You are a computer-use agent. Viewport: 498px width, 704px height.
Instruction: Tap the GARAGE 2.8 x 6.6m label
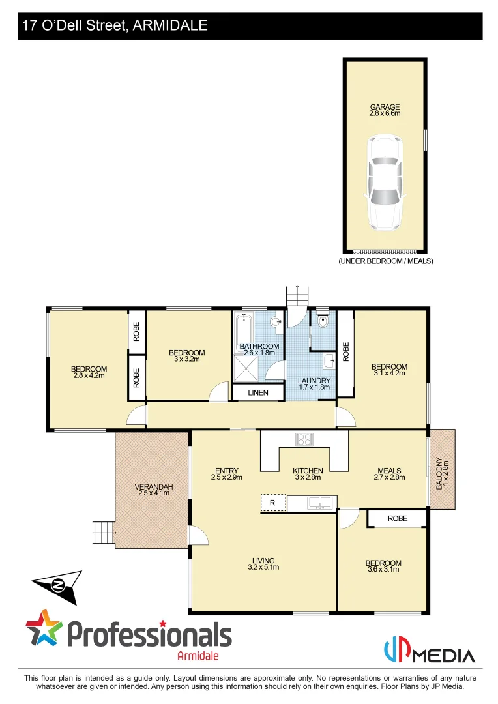[385, 110]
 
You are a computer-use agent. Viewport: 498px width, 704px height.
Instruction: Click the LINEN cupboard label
[258, 392]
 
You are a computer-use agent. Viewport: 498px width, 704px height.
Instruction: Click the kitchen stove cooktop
[304, 439]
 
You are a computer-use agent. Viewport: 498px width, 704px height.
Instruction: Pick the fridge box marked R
[273, 503]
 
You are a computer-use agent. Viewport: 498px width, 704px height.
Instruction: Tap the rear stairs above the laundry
[297, 297]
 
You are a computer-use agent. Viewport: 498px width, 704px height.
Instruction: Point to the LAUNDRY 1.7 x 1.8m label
[314, 384]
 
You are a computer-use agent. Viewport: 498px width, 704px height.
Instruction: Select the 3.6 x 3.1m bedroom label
[383, 566]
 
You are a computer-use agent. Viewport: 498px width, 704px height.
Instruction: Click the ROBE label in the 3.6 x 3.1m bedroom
[397, 519]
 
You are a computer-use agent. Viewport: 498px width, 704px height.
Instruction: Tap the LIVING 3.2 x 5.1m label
[263, 563]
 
